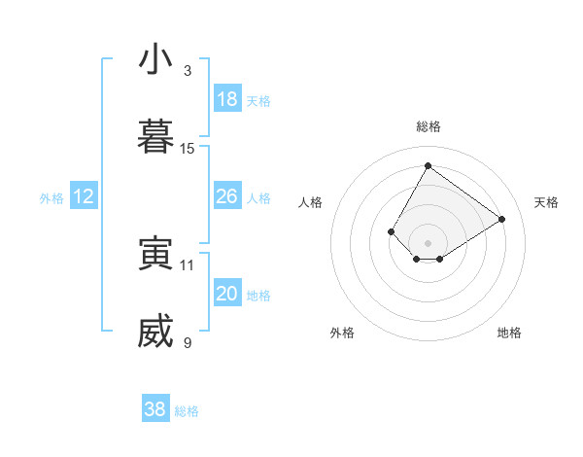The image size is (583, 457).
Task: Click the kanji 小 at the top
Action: click(155, 60)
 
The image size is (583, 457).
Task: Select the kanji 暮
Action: click(155, 138)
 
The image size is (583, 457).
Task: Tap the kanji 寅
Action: click(155, 254)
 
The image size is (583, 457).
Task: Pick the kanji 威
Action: click(155, 332)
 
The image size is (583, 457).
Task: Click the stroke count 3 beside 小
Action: click(188, 71)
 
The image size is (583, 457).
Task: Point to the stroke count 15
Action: click(188, 149)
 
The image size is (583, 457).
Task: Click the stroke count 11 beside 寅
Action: click(188, 264)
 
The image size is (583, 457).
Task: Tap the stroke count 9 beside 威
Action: click(188, 342)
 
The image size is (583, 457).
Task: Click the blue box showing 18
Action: click(227, 99)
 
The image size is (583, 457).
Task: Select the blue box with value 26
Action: click(227, 196)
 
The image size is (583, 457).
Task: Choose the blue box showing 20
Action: click(227, 294)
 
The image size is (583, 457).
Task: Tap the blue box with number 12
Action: click(84, 196)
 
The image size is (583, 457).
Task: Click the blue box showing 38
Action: click(155, 409)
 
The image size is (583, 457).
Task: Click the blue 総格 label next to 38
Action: click(187, 411)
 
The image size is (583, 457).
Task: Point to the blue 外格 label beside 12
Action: click(51, 198)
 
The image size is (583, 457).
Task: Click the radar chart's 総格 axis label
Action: click(428, 126)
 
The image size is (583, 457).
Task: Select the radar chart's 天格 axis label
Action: click(546, 202)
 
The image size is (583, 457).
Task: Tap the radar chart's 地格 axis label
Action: click(509, 333)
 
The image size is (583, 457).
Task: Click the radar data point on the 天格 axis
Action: click(501, 219)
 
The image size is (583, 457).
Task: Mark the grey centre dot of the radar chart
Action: click(428, 242)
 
